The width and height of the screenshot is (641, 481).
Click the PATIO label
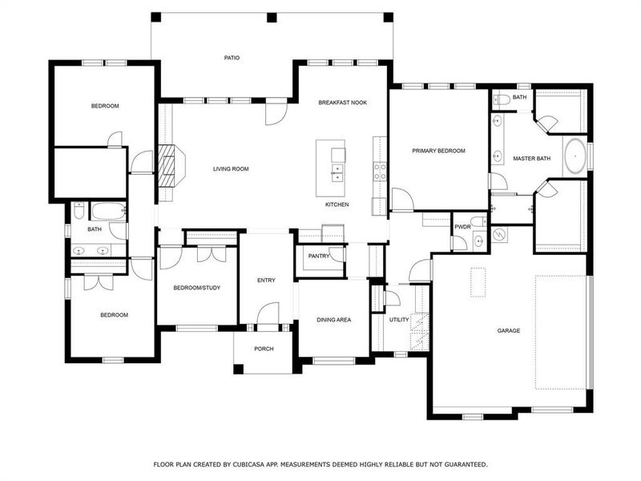(232, 58)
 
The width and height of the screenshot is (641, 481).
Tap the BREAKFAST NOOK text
(342, 103)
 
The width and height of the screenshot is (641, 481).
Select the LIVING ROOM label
(231, 168)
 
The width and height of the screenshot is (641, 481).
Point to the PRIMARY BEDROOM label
(438, 151)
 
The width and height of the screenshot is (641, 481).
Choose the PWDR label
(462, 227)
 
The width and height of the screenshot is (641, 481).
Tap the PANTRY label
(320, 256)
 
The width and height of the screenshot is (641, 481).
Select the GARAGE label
(508, 330)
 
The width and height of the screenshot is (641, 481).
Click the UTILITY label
(399, 320)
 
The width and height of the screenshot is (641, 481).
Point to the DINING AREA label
(333, 320)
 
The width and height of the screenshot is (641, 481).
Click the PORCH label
(264, 349)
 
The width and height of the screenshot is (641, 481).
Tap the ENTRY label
(266, 280)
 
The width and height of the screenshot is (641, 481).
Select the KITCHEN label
(337, 205)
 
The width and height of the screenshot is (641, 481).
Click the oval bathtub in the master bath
(575, 156)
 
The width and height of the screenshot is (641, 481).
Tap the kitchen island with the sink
(332, 167)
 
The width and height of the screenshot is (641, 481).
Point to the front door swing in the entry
(268, 313)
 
